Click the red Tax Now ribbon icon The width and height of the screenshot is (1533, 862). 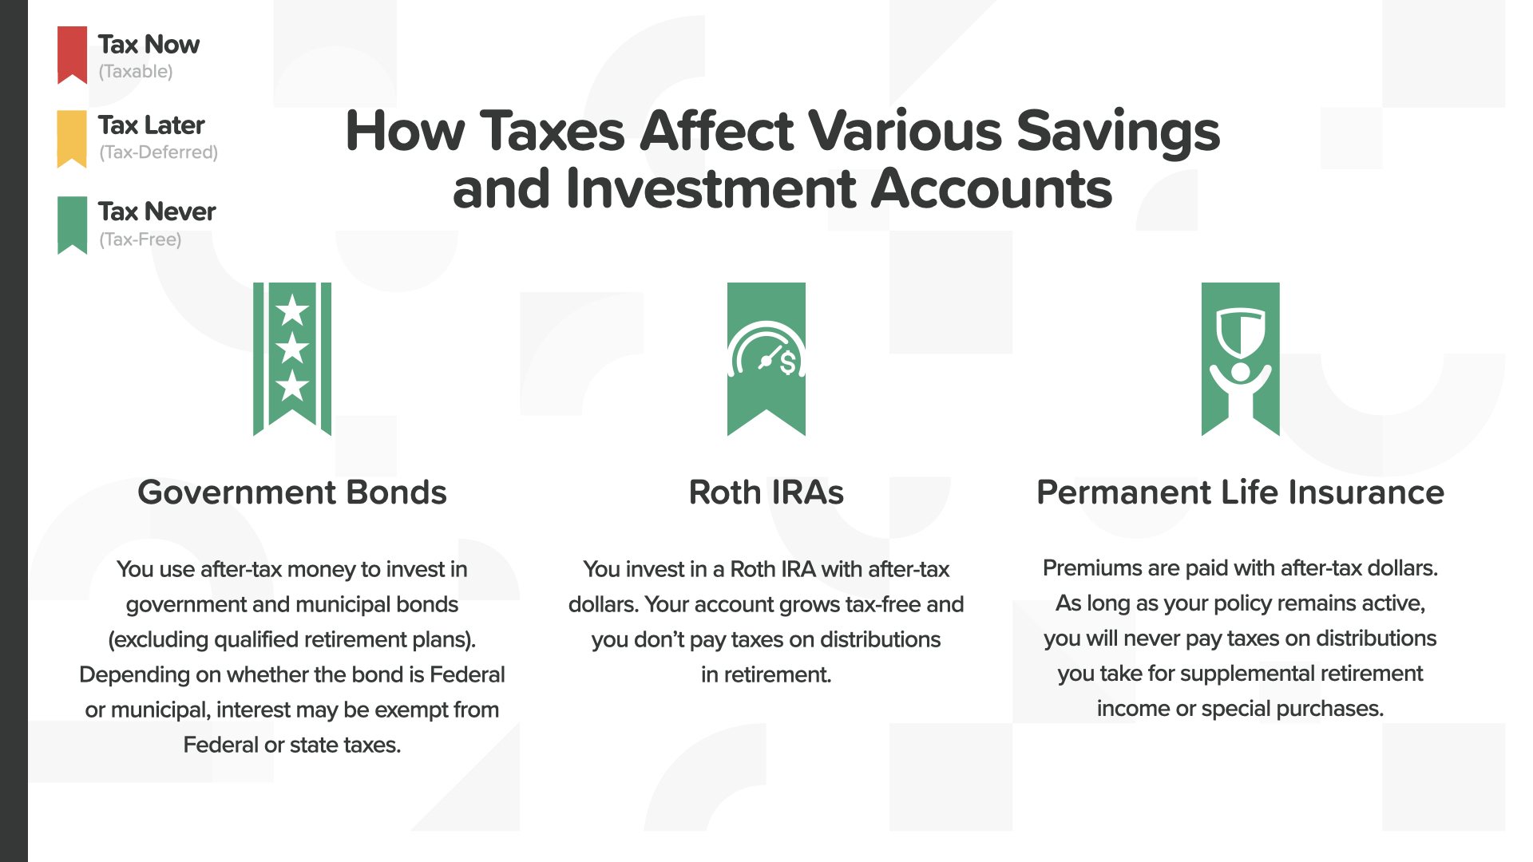(x=72, y=54)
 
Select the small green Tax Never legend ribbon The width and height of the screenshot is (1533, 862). (x=72, y=225)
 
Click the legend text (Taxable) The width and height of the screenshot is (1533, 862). (x=136, y=72)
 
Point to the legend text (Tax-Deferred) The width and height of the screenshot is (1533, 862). (x=158, y=152)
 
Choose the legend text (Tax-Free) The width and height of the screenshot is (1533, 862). (x=140, y=239)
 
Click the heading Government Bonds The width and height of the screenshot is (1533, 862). (x=292, y=492)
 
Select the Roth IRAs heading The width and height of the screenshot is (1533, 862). (x=766, y=492)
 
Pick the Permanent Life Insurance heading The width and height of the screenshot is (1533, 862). (x=1240, y=492)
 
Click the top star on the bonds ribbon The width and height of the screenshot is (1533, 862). (x=292, y=310)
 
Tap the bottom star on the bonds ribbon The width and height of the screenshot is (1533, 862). (x=292, y=386)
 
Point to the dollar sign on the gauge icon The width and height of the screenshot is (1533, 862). (x=788, y=363)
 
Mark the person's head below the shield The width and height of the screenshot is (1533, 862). (x=1240, y=371)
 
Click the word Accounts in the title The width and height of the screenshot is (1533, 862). (x=992, y=189)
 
